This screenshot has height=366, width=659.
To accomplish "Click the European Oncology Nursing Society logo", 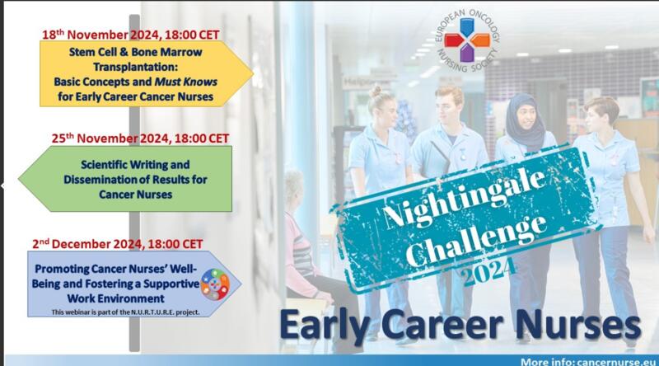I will [x=467, y=40].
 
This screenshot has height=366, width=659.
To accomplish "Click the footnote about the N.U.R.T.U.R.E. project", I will [x=125, y=312].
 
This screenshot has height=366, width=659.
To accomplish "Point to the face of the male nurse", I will [x=450, y=106].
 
